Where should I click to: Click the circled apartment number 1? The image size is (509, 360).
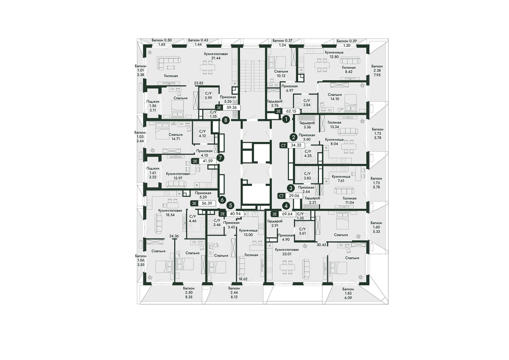click(x=286, y=119)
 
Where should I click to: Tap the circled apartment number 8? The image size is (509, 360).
click(x=226, y=120)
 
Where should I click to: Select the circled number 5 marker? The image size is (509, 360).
click(x=231, y=205)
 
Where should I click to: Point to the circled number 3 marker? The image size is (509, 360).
click(x=291, y=188)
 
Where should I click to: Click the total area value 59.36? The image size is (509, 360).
click(x=232, y=107)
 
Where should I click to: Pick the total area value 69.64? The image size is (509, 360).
click(x=287, y=214)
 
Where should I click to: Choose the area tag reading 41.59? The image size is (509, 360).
click(x=208, y=161)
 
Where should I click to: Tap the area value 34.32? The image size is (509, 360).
click(x=296, y=145)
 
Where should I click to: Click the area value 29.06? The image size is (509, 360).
click(x=294, y=196)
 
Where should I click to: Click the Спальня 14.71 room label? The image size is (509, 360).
click(x=176, y=137)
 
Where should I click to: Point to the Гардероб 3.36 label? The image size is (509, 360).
click(x=307, y=125)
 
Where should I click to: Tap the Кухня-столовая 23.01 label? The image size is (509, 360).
click(x=287, y=252)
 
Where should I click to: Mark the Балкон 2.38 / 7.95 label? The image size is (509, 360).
click(x=377, y=70)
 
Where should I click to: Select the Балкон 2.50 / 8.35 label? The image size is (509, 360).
click(x=189, y=292)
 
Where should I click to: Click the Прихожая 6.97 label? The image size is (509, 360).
click(x=289, y=88)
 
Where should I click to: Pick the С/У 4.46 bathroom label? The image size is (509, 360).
click(x=193, y=219)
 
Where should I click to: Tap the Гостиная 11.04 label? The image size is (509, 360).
click(x=350, y=200)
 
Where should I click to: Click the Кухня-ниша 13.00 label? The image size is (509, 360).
click(x=248, y=233)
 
